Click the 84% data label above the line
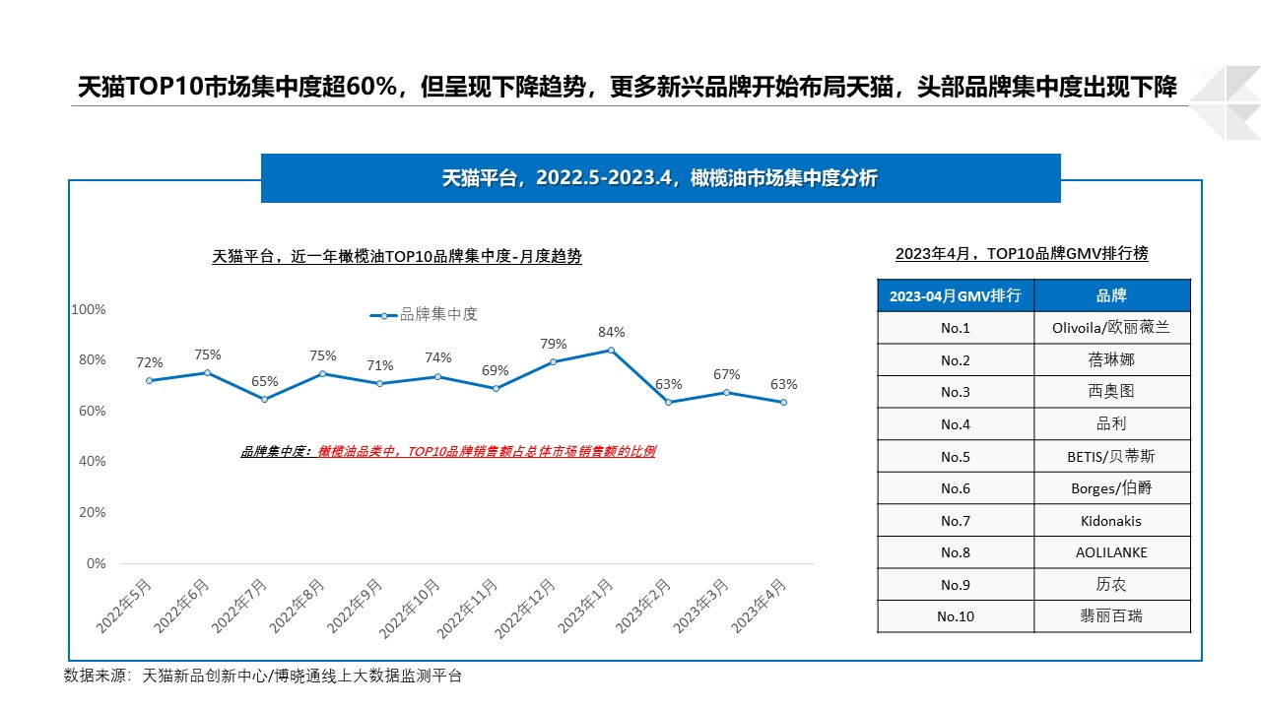pyautogui.click(x=611, y=332)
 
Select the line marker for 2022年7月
pyautogui.click(x=264, y=399)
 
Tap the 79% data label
pyautogui.click(x=553, y=344)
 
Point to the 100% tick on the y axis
pyautogui.click(x=89, y=309)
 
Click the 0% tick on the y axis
pyautogui.click(x=96, y=563)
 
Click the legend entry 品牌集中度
pyautogui.click(x=425, y=314)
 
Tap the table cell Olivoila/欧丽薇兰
pyautogui.click(x=1112, y=328)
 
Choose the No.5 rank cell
pyautogui.click(x=956, y=456)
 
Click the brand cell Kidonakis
pyautogui.click(x=1112, y=521)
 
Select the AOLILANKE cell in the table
pyautogui.click(x=1112, y=552)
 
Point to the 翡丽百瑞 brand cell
pyautogui.click(x=1112, y=616)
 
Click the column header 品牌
pyautogui.click(x=1112, y=295)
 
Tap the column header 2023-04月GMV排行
pyautogui.click(x=956, y=295)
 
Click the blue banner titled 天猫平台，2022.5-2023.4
pyautogui.click(x=660, y=178)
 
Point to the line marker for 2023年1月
pyautogui.click(x=612, y=350)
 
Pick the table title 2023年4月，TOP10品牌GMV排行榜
pyautogui.click(x=1022, y=253)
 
